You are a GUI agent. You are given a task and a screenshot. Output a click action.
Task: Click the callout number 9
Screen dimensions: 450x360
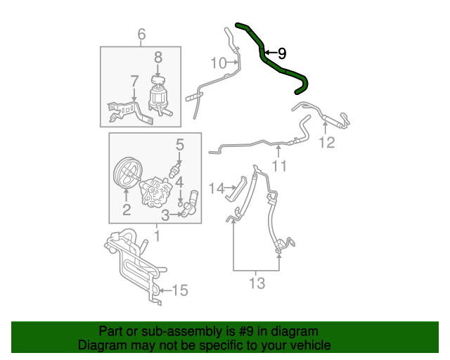click(x=282, y=53)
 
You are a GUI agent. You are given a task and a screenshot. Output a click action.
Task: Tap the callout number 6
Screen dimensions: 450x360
click(x=141, y=34)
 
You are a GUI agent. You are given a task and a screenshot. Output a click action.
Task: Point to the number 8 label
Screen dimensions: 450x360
click(x=158, y=57)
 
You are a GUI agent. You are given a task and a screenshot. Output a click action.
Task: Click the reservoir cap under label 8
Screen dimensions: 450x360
click(x=157, y=79)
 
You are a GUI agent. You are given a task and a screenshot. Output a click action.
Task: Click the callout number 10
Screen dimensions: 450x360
click(x=219, y=63)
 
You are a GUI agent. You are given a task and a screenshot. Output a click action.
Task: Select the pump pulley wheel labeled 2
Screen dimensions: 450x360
click(x=126, y=173)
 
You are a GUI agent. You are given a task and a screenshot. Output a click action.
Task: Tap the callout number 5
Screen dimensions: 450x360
click(x=180, y=145)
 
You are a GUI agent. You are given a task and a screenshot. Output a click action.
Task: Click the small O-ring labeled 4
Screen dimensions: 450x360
click(x=180, y=204)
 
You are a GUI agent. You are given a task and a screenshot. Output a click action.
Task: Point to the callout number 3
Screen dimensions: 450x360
click(x=165, y=215)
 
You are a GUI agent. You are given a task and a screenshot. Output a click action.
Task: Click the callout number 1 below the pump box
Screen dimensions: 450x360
click(x=157, y=236)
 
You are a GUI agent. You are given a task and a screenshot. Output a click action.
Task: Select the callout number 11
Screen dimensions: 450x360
click(x=279, y=166)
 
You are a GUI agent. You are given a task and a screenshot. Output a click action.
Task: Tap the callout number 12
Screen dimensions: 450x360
click(x=327, y=143)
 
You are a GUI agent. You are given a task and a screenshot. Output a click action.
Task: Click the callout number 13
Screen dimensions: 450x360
click(x=257, y=283)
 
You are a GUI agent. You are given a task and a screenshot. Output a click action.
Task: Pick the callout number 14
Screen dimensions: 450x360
click(x=217, y=188)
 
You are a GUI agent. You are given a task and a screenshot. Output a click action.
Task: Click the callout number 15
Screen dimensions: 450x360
click(x=180, y=290)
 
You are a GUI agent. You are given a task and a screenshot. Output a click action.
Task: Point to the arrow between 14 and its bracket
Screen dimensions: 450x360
click(x=230, y=188)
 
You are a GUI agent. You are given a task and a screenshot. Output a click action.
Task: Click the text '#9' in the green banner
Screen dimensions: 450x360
click(x=246, y=331)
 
